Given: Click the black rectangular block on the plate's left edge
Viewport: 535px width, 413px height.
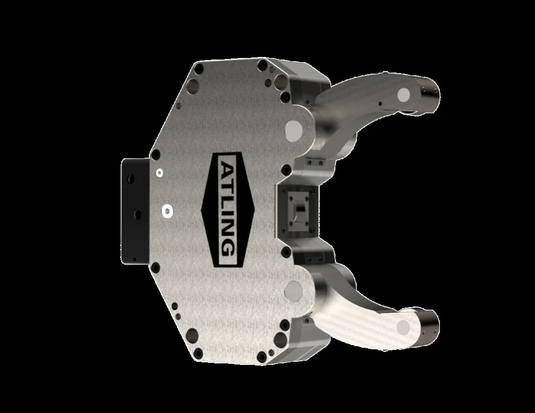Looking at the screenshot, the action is tap(135, 211).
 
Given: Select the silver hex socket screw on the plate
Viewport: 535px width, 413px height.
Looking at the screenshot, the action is tap(167, 212).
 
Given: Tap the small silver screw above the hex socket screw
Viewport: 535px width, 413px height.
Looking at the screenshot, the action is tap(159, 173).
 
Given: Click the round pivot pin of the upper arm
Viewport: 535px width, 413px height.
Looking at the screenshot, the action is tap(294, 131).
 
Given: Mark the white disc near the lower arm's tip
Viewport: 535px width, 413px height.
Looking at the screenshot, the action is tap(403, 327).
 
